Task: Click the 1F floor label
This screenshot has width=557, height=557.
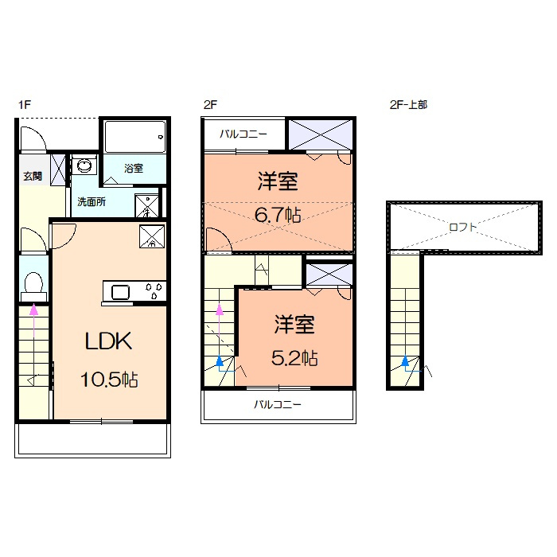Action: (x=25, y=105)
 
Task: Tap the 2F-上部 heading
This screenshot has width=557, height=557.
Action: (x=408, y=105)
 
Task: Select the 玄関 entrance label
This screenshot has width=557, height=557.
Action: (x=33, y=176)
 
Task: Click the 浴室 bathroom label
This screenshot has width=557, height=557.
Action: (x=134, y=168)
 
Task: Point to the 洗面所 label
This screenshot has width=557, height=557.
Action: (x=92, y=202)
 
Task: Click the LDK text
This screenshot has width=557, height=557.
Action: (x=109, y=341)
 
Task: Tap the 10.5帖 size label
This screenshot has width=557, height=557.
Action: (x=110, y=380)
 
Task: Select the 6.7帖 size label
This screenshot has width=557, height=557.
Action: (x=278, y=215)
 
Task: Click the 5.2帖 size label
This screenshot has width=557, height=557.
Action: (x=294, y=358)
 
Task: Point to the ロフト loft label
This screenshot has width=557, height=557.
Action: (x=462, y=227)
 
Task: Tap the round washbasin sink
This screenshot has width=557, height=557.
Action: (x=84, y=166)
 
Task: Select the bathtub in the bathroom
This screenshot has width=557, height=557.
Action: (x=135, y=137)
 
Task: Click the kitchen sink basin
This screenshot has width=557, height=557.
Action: (x=120, y=292)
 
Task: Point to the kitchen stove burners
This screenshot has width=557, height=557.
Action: (x=154, y=290)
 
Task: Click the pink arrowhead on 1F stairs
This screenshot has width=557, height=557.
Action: (x=33, y=310)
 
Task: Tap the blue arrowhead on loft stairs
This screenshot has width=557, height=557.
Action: (x=405, y=361)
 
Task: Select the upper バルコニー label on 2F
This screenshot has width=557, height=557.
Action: (x=243, y=134)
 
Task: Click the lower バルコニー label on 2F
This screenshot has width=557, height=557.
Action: (x=278, y=404)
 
